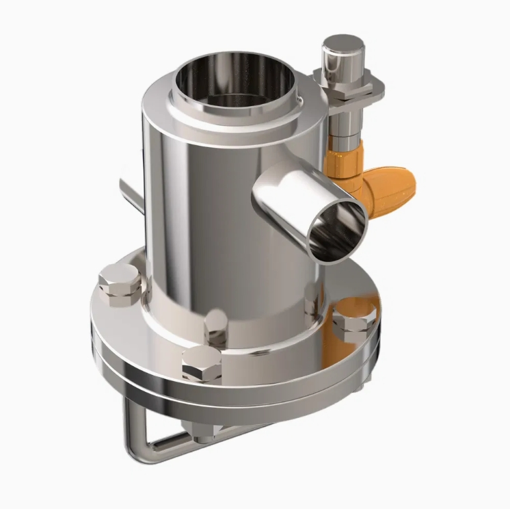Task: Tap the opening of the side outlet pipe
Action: (x=337, y=229)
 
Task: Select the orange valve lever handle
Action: (x=390, y=188)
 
